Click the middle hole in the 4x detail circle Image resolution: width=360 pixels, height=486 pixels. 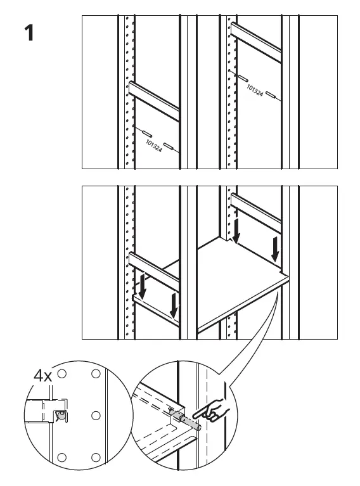tap(95, 415)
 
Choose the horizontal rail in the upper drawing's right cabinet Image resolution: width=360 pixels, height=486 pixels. tap(257, 43)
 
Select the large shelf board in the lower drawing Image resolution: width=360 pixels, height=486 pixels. tap(241, 285)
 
